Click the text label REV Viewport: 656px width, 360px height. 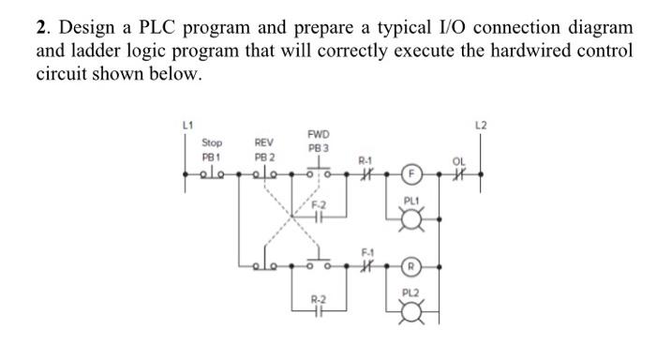pos(265,143)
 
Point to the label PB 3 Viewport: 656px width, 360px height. pos(318,149)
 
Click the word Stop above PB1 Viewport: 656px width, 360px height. pos(213,143)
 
